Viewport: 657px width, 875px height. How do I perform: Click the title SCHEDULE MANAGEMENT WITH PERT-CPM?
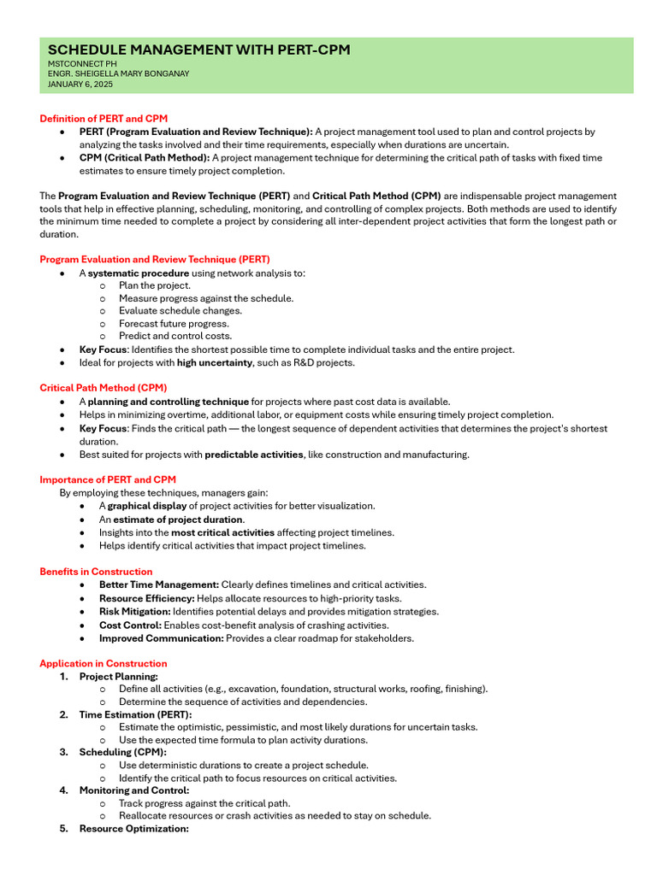coord(198,50)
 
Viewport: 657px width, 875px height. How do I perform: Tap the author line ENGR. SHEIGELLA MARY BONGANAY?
coord(118,73)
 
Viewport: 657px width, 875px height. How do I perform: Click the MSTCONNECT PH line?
coord(82,63)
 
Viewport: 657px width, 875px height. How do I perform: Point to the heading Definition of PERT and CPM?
coord(104,119)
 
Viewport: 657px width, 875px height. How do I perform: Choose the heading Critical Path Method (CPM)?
coord(104,388)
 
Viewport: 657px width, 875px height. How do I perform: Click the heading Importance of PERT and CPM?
coord(108,480)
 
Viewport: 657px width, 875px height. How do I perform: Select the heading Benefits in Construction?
coord(96,572)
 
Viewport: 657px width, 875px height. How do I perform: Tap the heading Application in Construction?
coord(104,664)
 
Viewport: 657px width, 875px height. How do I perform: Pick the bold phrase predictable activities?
coord(254,455)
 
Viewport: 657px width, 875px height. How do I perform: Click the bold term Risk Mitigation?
coord(134,612)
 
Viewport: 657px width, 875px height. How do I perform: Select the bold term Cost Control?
coord(128,625)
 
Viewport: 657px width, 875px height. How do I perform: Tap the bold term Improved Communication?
coord(161,638)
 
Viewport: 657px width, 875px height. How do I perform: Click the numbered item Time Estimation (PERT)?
coord(135,714)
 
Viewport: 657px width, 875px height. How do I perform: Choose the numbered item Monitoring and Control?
coord(134,790)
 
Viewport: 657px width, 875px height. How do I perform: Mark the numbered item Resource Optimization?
coord(133,829)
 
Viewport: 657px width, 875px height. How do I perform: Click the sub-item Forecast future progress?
coord(162,324)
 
